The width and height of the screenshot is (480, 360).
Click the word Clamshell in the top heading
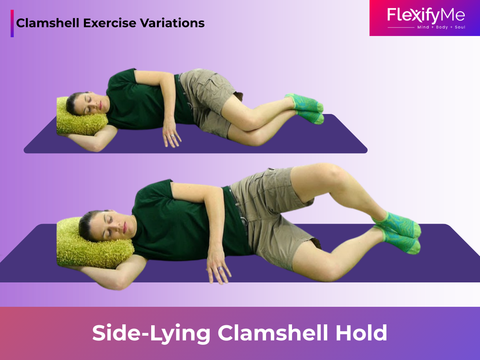48,23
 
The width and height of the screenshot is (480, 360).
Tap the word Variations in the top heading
172,23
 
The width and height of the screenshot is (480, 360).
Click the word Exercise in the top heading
110,23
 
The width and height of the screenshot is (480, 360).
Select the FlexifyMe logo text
426,15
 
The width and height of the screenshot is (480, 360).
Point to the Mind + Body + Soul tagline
441,27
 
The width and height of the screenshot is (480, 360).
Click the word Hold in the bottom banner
361,333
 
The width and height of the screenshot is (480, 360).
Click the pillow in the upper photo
81,117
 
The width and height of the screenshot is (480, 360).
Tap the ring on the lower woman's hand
220,268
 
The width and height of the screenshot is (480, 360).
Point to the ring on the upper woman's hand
172,136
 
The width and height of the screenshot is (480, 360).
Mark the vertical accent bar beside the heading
12,23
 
